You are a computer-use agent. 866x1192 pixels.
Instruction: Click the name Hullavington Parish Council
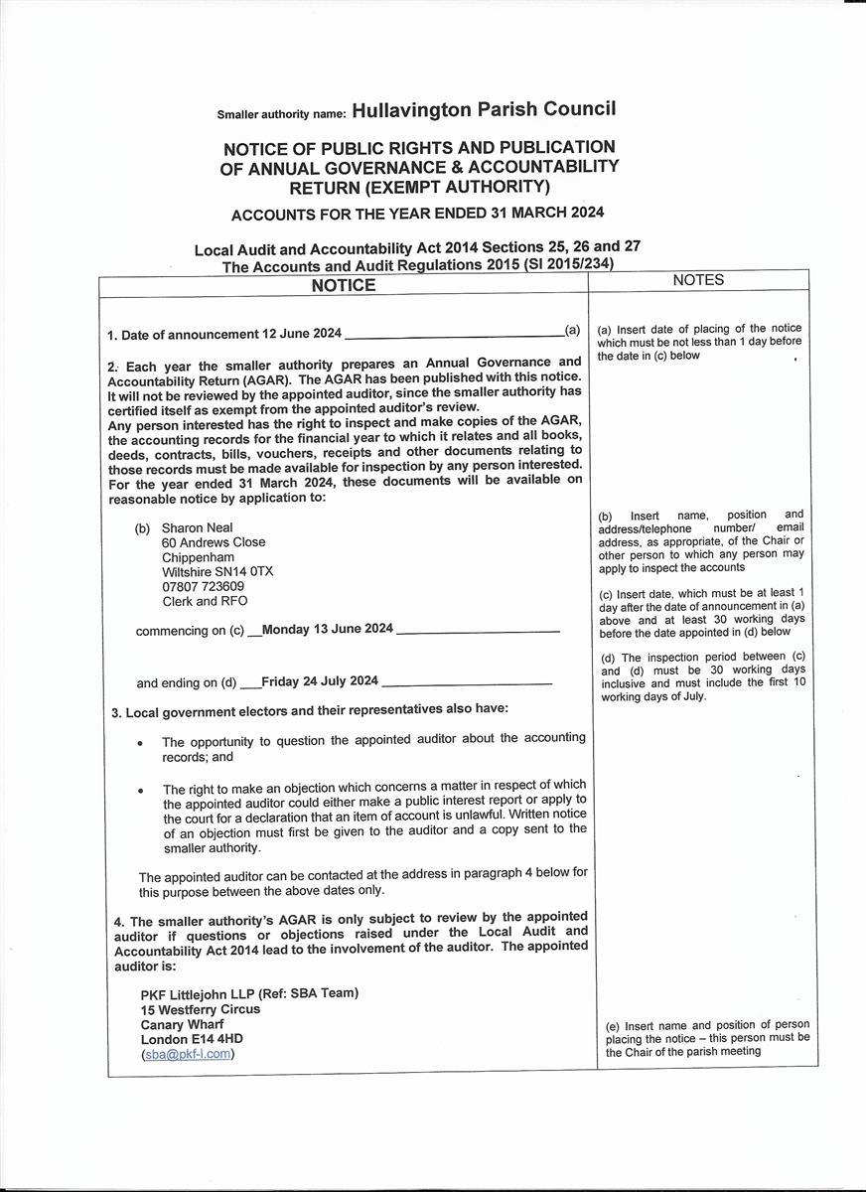[x=484, y=110]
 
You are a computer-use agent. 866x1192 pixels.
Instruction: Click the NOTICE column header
[x=344, y=285]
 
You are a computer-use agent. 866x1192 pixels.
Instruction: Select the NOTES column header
[x=698, y=280]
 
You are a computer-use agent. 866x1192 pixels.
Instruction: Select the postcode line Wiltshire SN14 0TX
[x=217, y=572]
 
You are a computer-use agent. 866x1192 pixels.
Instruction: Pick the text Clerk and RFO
[x=205, y=602]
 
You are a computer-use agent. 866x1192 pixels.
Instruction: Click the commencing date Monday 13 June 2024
[x=328, y=630]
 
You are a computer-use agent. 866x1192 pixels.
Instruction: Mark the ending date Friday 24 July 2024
[x=320, y=681]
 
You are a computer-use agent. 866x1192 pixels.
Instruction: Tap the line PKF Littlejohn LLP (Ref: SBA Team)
[x=249, y=993]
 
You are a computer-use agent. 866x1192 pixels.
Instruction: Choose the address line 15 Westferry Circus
[x=201, y=1009]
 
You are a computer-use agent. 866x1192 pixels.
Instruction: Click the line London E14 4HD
[x=192, y=1039]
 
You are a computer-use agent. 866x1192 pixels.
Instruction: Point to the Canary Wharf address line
[x=183, y=1024]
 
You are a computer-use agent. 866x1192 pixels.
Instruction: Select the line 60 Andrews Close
[x=214, y=542]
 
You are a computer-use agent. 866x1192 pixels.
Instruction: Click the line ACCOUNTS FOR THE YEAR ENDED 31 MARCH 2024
[x=417, y=214]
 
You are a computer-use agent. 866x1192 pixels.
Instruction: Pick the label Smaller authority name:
[x=282, y=114]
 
